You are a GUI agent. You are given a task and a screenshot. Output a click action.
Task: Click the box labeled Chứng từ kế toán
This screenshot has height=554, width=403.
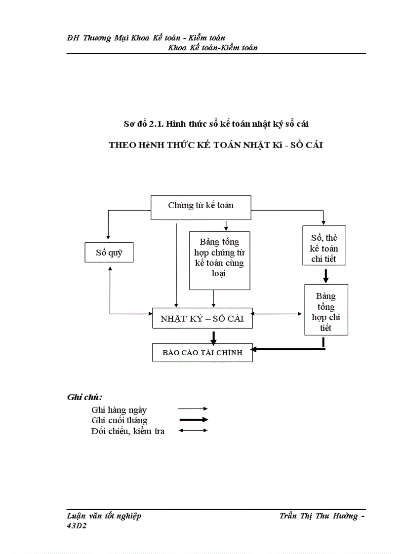tap(201, 207)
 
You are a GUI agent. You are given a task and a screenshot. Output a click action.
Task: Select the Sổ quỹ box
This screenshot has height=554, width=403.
tap(109, 254)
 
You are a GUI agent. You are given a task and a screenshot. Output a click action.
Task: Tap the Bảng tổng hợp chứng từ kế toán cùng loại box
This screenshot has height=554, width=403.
tap(220, 260)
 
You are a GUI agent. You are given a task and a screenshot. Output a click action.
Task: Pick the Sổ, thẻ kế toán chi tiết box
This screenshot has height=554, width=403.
tap(324, 246)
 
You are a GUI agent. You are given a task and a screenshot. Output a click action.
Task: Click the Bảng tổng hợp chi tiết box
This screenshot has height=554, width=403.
tap(326, 310)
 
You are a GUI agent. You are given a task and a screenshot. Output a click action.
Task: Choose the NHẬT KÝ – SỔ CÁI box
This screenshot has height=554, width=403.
tap(202, 319)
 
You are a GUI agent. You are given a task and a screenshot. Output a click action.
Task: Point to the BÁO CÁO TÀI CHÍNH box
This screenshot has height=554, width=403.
tap(202, 352)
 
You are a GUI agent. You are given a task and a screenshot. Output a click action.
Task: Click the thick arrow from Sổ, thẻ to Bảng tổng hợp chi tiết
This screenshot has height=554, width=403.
tap(325, 275)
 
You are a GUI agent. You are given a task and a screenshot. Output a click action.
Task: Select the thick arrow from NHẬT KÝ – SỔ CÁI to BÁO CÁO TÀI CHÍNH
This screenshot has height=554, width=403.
tap(214, 337)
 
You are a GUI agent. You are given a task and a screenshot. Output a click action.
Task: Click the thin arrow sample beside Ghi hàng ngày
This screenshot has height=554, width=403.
tap(193, 409)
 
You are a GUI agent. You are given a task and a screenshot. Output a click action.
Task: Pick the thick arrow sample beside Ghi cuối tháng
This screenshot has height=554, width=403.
tap(193, 420)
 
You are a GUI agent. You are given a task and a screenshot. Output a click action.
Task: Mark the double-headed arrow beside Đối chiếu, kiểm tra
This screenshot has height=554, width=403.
tap(193, 431)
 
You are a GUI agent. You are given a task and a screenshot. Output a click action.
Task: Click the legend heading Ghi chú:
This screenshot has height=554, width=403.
tap(84, 397)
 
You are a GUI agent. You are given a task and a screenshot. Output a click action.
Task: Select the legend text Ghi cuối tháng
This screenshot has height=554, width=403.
tap(119, 420)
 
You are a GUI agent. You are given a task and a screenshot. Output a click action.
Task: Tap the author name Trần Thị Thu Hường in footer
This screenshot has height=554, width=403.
tap(319, 516)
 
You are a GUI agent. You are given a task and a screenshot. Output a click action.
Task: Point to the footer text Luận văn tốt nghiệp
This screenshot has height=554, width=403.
tap(104, 516)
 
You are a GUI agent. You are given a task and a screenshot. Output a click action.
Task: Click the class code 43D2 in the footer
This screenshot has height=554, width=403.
tap(76, 526)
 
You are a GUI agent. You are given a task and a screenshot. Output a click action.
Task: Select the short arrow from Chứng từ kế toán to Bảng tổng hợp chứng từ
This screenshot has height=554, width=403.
tap(226, 225)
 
